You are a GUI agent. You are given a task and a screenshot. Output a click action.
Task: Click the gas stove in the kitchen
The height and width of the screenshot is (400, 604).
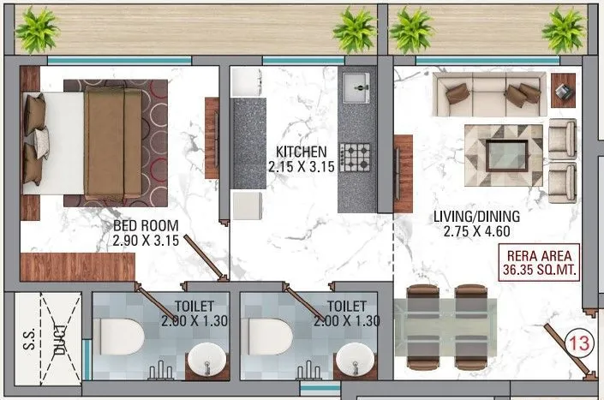pos(356,157)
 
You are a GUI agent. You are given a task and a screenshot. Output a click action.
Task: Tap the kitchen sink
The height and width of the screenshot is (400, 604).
pos(356,86)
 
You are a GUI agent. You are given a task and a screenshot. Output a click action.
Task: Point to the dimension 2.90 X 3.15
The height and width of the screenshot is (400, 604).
pos(145,242)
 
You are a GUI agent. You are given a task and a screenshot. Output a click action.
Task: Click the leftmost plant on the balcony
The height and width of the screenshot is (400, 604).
pos(38,30)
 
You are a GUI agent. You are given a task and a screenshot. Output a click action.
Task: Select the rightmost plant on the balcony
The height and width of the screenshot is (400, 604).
pos(565,30)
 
